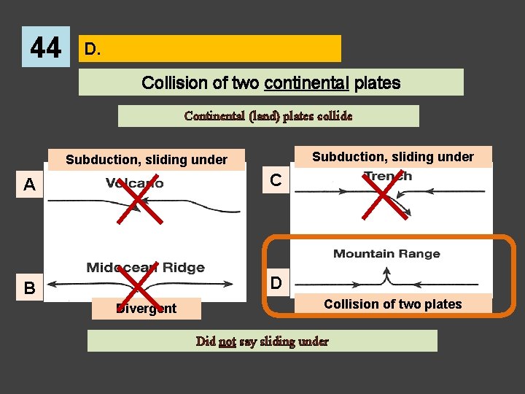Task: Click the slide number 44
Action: [46, 48]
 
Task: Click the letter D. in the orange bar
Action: [92, 49]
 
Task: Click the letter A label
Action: [29, 185]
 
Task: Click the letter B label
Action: [28, 287]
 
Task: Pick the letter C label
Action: [276, 179]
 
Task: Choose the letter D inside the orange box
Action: [276, 282]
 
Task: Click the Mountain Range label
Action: [386, 254]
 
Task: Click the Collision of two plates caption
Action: [392, 304]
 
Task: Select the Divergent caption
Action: [147, 309]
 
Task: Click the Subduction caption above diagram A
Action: [147, 160]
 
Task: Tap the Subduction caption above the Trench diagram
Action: [392, 156]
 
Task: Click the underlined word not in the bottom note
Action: [227, 341]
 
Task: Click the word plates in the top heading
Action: [379, 82]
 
